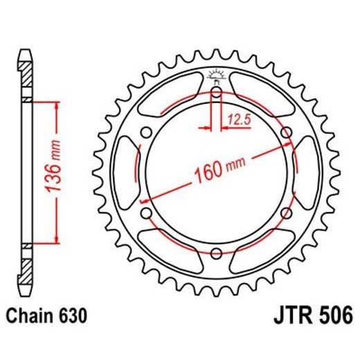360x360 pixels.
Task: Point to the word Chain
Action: point(30,317)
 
